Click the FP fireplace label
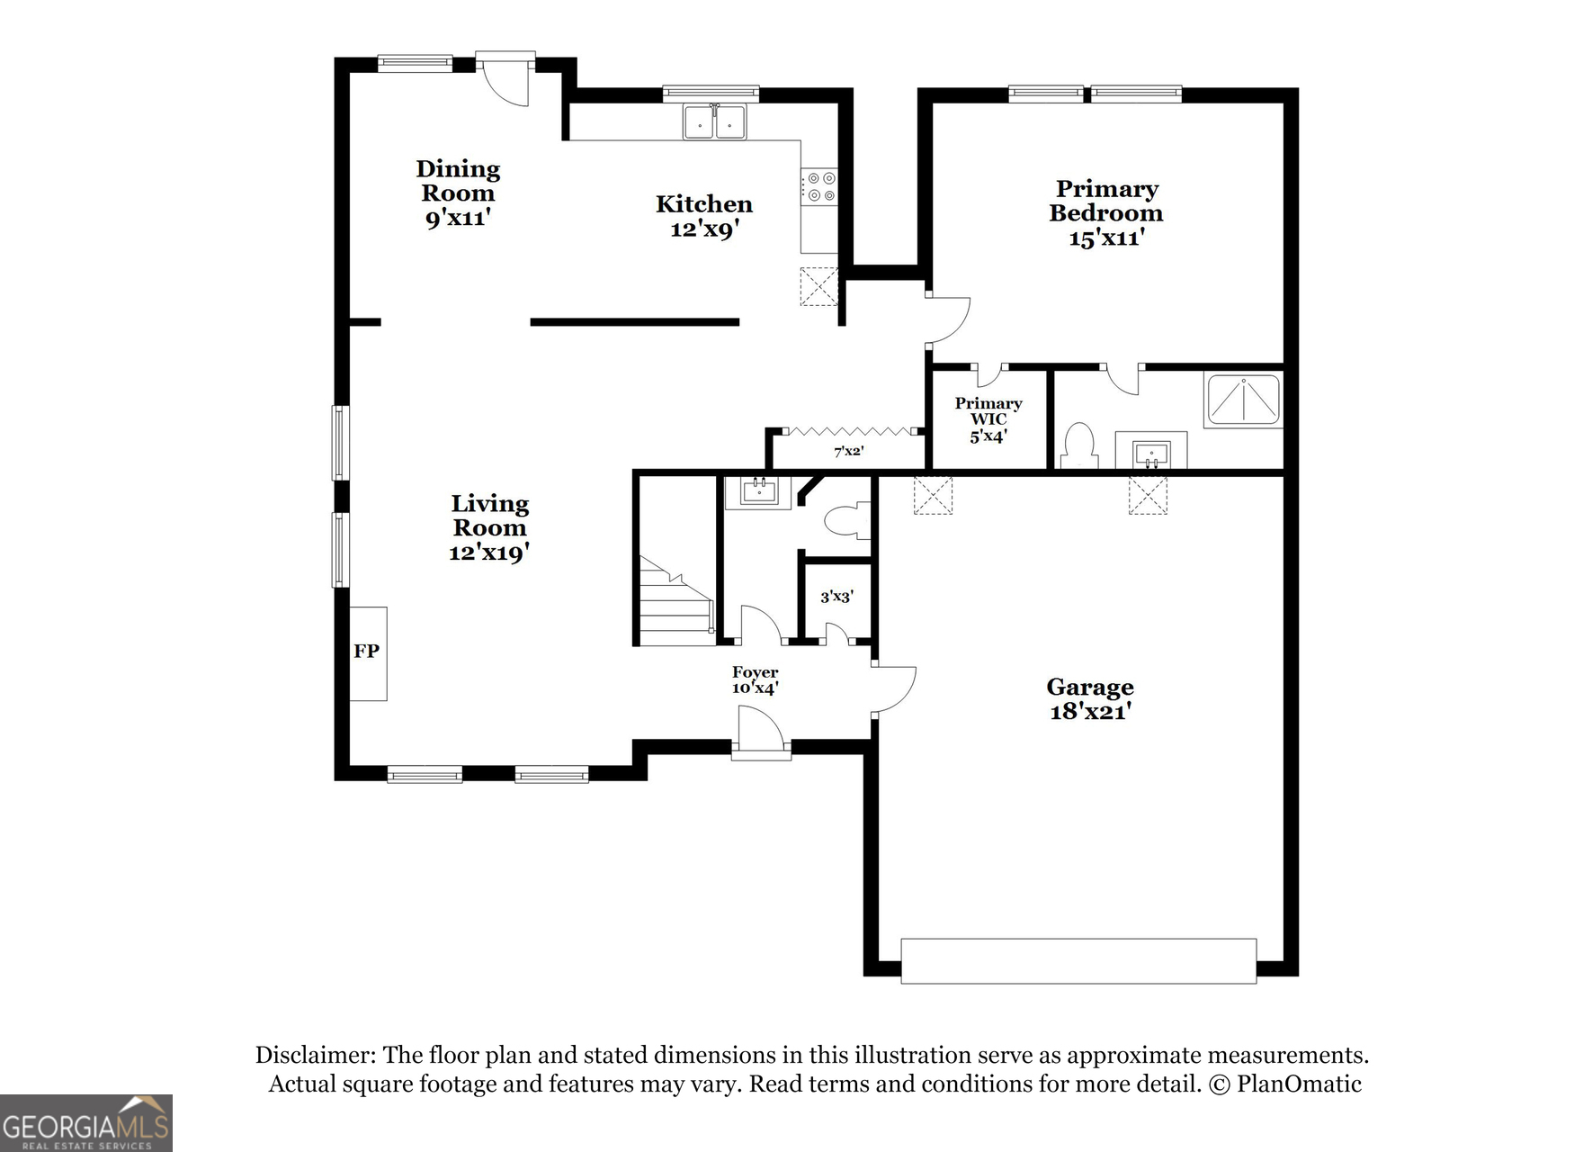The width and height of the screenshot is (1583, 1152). (x=366, y=651)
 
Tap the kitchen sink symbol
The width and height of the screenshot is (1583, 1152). (x=714, y=121)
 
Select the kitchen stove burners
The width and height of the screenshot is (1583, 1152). (x=820, y=186)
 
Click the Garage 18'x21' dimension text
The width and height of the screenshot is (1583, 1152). (x=1089, y=712)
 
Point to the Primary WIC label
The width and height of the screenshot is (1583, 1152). (x=988, y=411)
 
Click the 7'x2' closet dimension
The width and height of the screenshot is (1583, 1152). (x=848, y=452)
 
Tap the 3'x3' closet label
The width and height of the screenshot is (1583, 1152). (x=836, y=597)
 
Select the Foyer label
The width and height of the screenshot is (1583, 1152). (x=755, y=672)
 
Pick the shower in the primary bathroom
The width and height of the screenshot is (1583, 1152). (x=1244, y=400)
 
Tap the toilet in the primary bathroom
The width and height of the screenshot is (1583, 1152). (x=1078, y=447)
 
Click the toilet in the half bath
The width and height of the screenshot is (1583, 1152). (x=846, y=521)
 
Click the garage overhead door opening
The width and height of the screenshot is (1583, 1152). (x=1078, y=961)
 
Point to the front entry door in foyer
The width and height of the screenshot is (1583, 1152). (x=760, y=731)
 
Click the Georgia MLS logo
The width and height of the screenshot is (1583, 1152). (x=86, y=1123)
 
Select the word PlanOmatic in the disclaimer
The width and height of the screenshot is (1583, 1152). (x=1299, y=1084)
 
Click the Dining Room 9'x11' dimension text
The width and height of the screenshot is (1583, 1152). (x=458, y=218)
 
